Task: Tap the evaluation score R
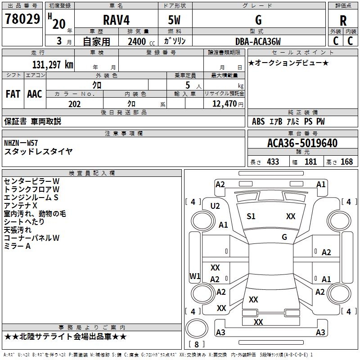click(343, 21)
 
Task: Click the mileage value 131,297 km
click(53, 64)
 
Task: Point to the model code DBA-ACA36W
click(258, 41)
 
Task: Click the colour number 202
click(75, 104)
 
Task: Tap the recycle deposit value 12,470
click(224, 104)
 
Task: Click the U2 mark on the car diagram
click(215, 206)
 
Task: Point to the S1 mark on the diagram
click(251, 216)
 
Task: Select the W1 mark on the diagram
click(195, 276)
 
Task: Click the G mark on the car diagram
click(284, 237)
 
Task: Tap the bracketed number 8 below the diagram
click(196, 344)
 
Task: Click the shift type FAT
click(13, 94)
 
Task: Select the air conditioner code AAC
click(34, 94)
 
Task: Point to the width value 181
click(310, 162)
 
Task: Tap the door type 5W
click(175, 20)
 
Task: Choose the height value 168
click(346, 162)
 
